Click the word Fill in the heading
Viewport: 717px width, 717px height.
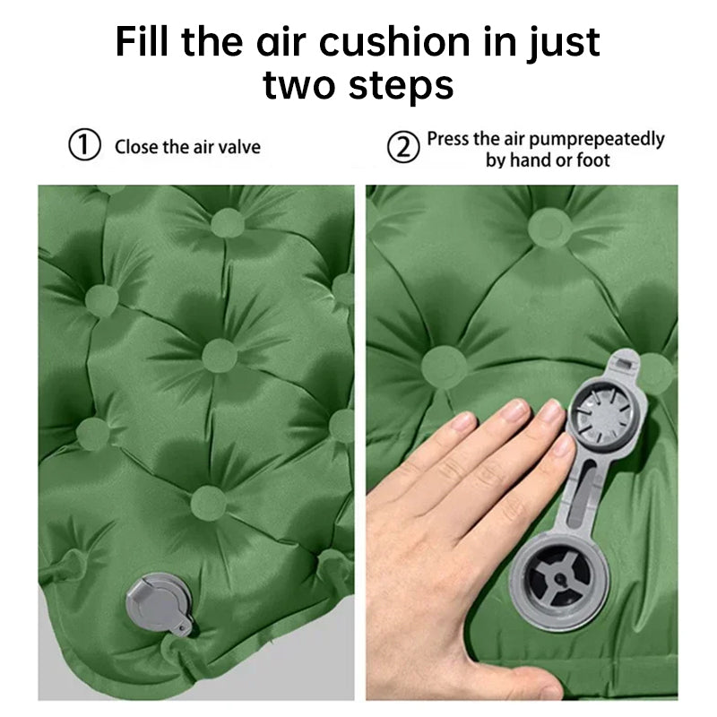tap(142, 41)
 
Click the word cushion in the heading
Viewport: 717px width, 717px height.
tap(394, 41)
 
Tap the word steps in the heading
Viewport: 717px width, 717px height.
tap(401, 84)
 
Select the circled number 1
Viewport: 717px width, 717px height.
tap(84, 144)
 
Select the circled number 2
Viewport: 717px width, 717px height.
tap(403, 147)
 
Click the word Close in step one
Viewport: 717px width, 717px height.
tap(136, 147)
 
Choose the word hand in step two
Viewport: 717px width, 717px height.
tap(530, 160)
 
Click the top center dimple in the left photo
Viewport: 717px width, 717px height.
tap(228, 222)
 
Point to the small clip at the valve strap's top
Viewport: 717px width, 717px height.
tap(625, 364)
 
